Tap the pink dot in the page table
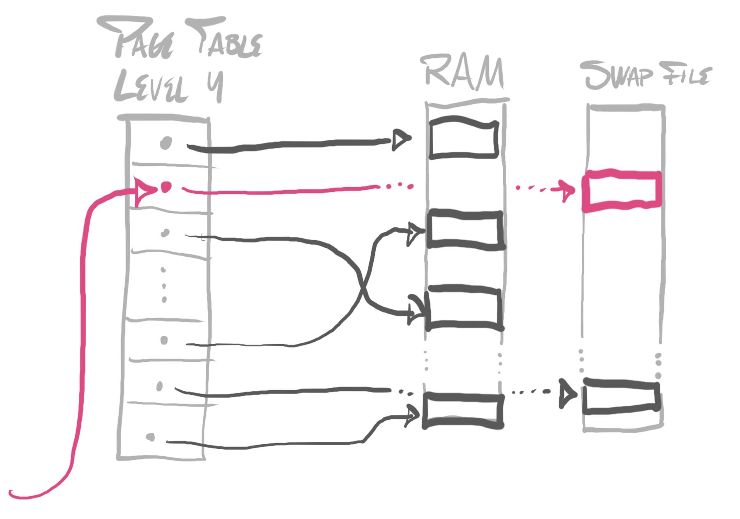pyautogui.click(x=166, y=187)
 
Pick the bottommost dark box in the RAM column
pyautogui.click(x=463, y=410)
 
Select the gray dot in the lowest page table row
pyautogui.click(x=150, y=437)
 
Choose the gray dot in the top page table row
pyautogui.click(x=166, y=142)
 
